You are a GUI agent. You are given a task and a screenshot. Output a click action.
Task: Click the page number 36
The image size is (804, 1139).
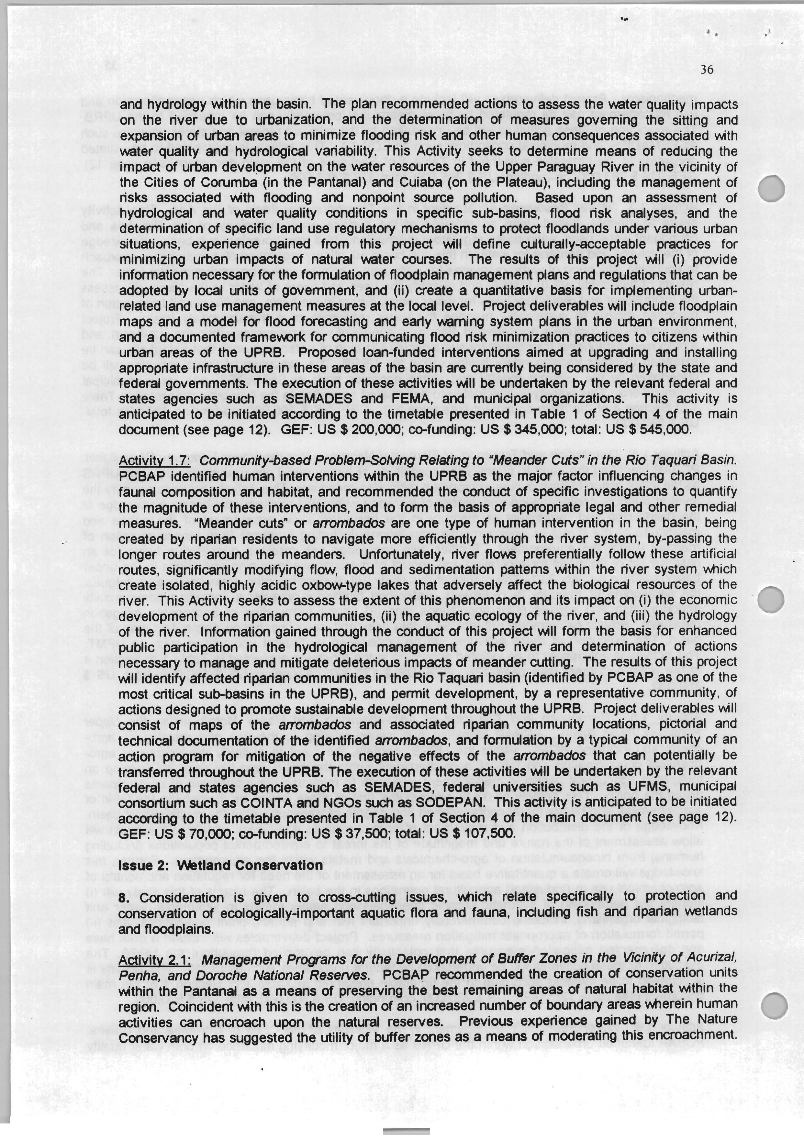[706, 70]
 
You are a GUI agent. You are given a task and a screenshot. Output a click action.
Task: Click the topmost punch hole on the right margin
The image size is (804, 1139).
[771, 189]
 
